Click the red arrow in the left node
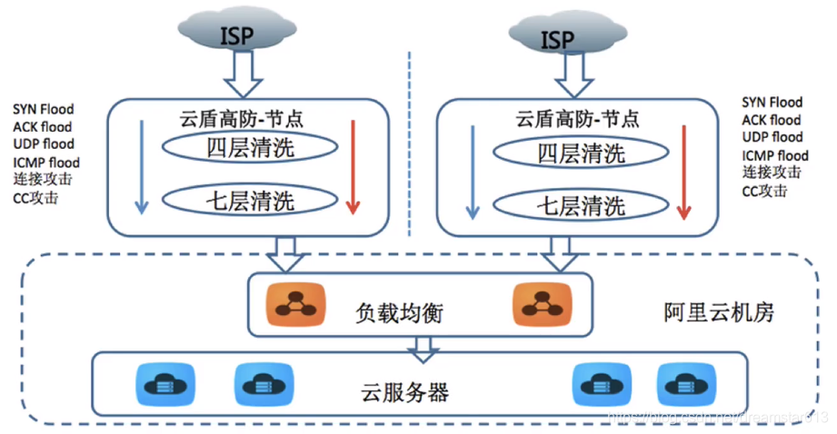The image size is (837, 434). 354,168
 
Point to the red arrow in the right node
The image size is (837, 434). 684,173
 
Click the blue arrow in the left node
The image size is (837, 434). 141,168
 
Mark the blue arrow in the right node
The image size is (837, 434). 471,173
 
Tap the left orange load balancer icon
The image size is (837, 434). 293,305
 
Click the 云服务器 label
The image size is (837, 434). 401,392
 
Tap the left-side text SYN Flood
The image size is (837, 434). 44,109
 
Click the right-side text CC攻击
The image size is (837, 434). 764,191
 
